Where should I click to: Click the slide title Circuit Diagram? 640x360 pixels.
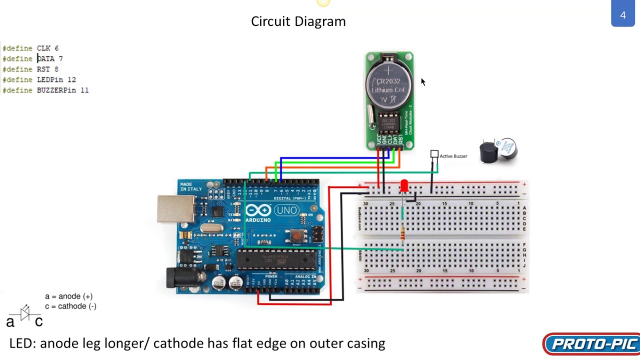pos(298,21)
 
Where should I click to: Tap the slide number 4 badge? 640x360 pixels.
pos(622,15)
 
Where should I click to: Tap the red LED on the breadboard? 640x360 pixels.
pos(404,186)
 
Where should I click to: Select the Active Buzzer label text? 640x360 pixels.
pos(453,156)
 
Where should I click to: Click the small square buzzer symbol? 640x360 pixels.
pos(434,154)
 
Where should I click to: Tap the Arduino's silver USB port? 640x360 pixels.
pos(175,208)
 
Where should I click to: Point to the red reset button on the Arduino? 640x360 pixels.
pos(296,235)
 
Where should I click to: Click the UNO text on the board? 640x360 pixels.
pos(286,210)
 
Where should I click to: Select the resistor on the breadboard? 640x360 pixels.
pos(402,233)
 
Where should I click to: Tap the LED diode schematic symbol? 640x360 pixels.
pos(25,313)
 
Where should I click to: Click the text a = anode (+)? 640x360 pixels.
pos(68,296)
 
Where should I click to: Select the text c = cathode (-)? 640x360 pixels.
pos(70,306)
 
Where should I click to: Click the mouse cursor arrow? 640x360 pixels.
pos(422,82)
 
